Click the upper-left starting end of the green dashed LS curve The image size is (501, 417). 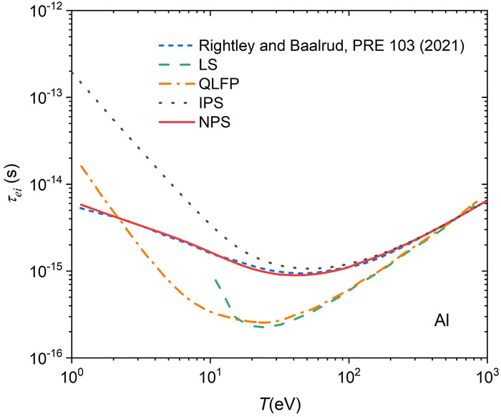pos(215,279)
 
